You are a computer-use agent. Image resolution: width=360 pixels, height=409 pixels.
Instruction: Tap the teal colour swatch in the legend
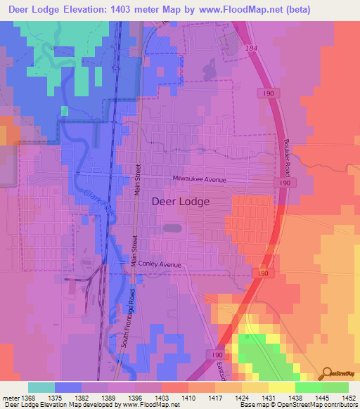pos(41,387)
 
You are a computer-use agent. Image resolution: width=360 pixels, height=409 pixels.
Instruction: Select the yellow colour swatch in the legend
pos(281,387)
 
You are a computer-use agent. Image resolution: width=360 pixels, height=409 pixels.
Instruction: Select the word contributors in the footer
pos(341,405)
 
